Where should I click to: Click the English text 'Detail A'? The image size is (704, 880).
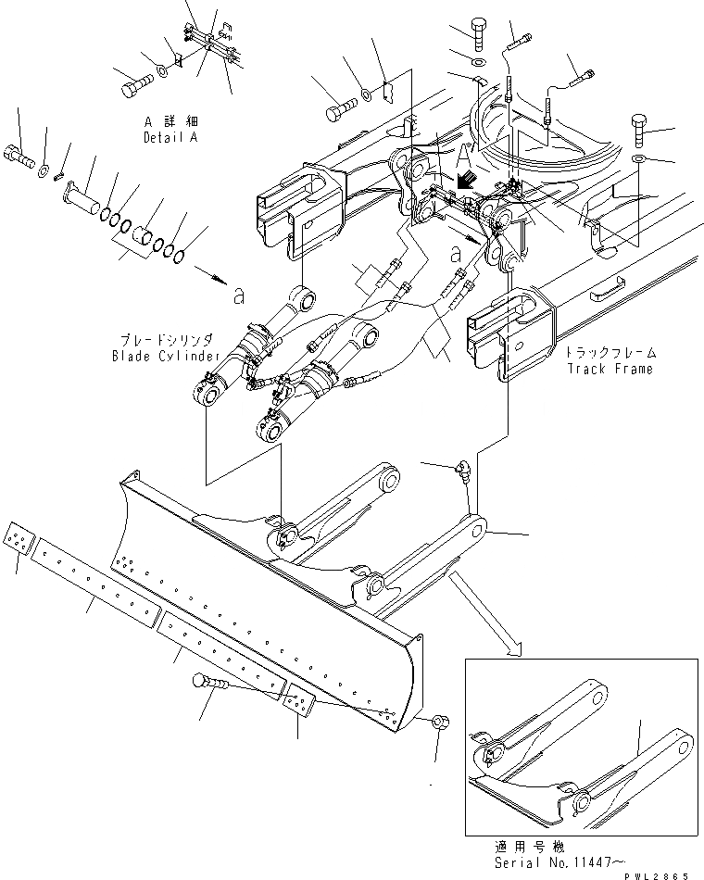(x=170, y=138)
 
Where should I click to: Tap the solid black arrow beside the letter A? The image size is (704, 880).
(x=466, y=177)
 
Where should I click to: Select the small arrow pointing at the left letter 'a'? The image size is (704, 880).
(x=210, y=277)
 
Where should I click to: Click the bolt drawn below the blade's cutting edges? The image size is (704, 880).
(x=210, y=685)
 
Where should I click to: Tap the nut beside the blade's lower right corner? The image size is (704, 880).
(x=441, y=723)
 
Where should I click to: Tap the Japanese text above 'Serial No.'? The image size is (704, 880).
(x=542, y=847)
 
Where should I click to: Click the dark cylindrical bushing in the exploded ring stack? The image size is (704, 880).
(x=144, y=239)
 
